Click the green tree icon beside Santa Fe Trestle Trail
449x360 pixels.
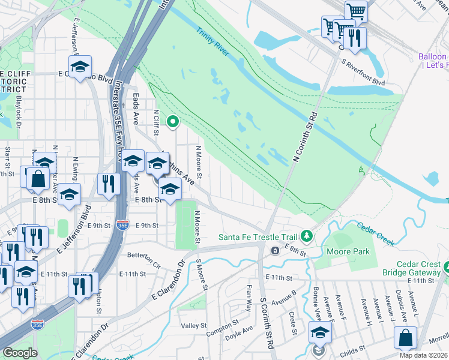307,236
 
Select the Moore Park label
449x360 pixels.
350,251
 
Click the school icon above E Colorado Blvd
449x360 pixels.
79,67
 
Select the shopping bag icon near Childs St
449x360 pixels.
405,337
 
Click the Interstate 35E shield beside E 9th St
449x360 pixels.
122,225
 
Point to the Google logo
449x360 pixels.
20,353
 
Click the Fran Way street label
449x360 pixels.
247,300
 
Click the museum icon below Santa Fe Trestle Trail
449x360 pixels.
275,250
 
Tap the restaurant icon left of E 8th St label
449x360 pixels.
109,184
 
